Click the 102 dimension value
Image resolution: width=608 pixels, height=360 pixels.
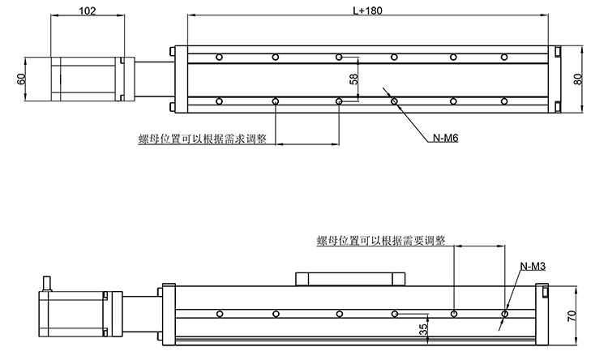click(88, 12)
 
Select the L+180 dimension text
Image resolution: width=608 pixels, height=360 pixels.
click(367, 11)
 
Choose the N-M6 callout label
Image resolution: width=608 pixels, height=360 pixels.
click(445, 139)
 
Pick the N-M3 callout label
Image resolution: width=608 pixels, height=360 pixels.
click(532, 266)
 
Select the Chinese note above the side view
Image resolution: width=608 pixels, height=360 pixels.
click(380, 241)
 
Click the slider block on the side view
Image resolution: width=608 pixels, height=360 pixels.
click(351, 279)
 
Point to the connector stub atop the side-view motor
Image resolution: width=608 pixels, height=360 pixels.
click(46, 283)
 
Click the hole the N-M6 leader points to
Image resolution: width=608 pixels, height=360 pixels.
click(394, 101)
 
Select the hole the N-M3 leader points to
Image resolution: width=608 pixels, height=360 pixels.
click(506, 314)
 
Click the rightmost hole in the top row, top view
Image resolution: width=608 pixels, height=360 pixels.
click(504, 57)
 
